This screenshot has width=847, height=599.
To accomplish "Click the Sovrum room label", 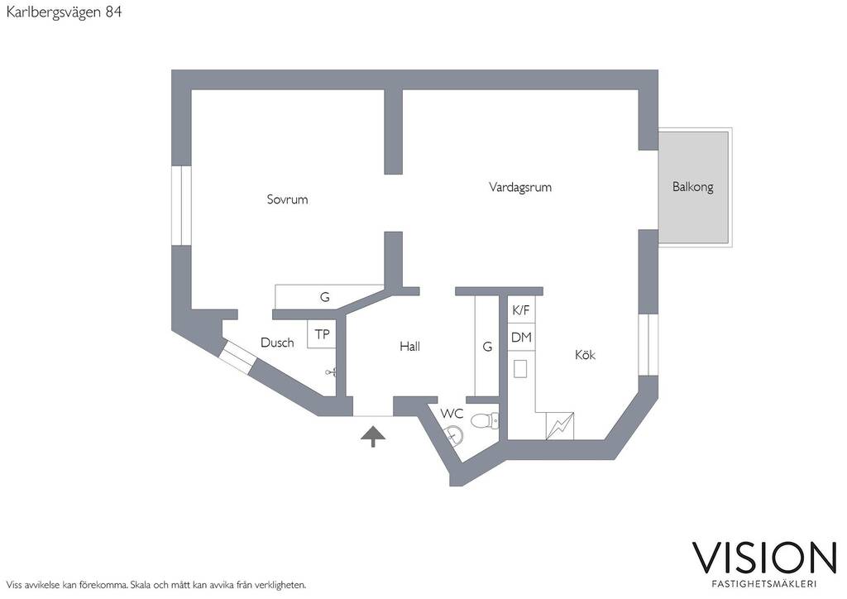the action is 287,199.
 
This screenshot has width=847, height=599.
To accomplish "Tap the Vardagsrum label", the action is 520,188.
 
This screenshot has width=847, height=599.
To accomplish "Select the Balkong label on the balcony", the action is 692,187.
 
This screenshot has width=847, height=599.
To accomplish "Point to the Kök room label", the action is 585,354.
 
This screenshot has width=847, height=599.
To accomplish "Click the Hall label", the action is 409,346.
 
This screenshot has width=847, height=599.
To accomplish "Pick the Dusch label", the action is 277,343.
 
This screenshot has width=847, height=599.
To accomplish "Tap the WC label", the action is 452,414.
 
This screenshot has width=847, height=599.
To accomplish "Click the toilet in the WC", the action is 485,421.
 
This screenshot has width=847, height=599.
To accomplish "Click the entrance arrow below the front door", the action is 373,436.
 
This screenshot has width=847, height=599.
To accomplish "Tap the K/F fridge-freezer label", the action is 521,310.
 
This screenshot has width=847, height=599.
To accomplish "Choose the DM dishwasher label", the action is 521,338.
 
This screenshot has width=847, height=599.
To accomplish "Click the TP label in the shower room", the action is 322,334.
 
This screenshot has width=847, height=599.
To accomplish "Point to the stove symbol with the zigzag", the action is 560,426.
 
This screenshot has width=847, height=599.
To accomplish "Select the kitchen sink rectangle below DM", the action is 520,370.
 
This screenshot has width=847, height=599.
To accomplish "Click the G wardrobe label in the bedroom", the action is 324,297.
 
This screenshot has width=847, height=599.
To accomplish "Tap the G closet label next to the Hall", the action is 487,347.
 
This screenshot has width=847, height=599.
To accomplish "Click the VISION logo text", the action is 764,558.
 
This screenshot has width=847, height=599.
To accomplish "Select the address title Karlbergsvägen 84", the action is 64,12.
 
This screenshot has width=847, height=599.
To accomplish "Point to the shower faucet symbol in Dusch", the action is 331,371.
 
